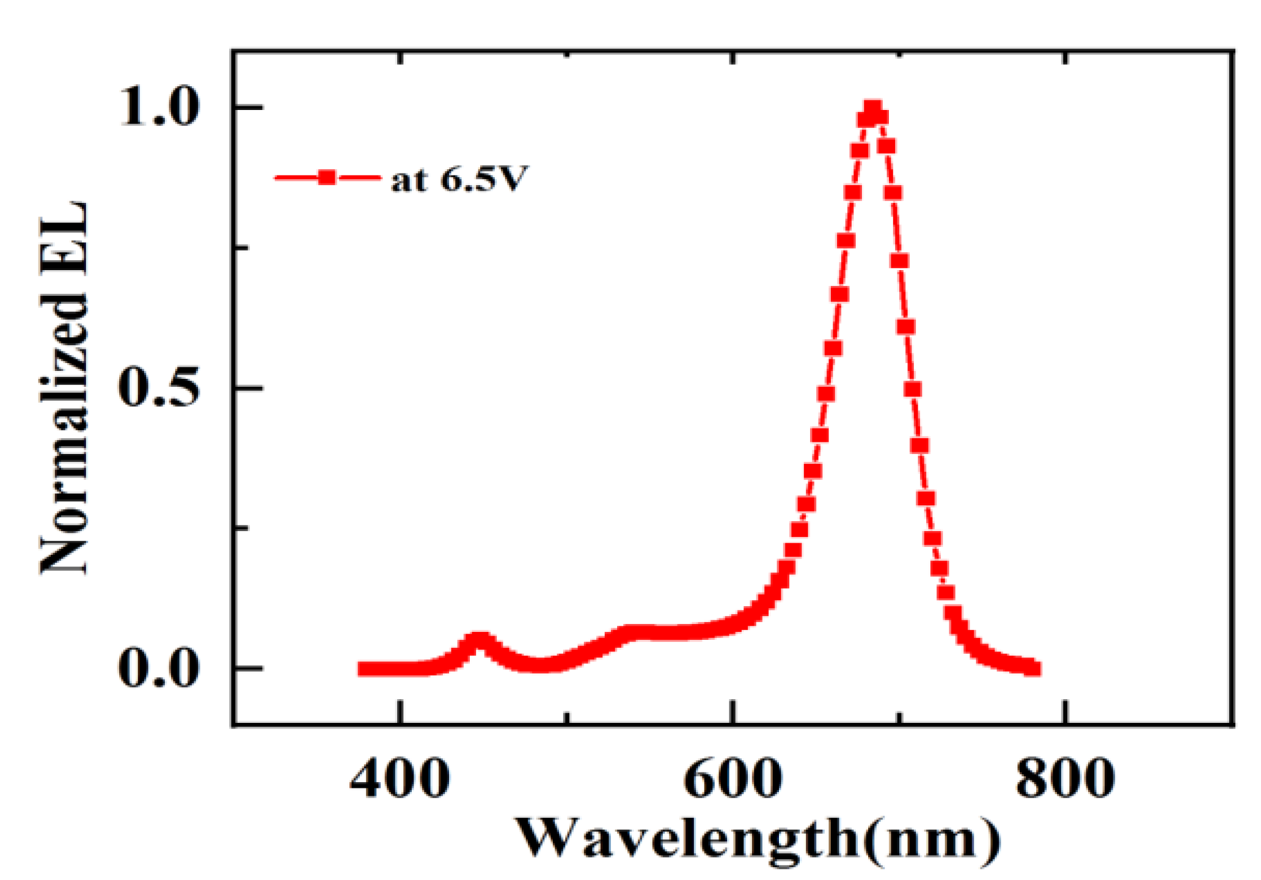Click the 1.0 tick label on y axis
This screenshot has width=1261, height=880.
(x=160, y=106)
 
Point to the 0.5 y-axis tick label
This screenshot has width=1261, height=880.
(x=160, y=387)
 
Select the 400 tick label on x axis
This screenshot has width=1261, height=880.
(x=400, y=779)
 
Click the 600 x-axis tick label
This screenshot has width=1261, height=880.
(x=732, y=779)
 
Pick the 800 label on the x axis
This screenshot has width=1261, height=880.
(x=1064, y=779)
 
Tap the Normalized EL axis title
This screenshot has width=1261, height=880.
(x=64, y=387)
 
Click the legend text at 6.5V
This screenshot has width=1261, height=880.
(x=458, y=179)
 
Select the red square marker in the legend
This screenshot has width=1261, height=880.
(x=327, y=178)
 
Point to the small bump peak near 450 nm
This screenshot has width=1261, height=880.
(x=478, y=640)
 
